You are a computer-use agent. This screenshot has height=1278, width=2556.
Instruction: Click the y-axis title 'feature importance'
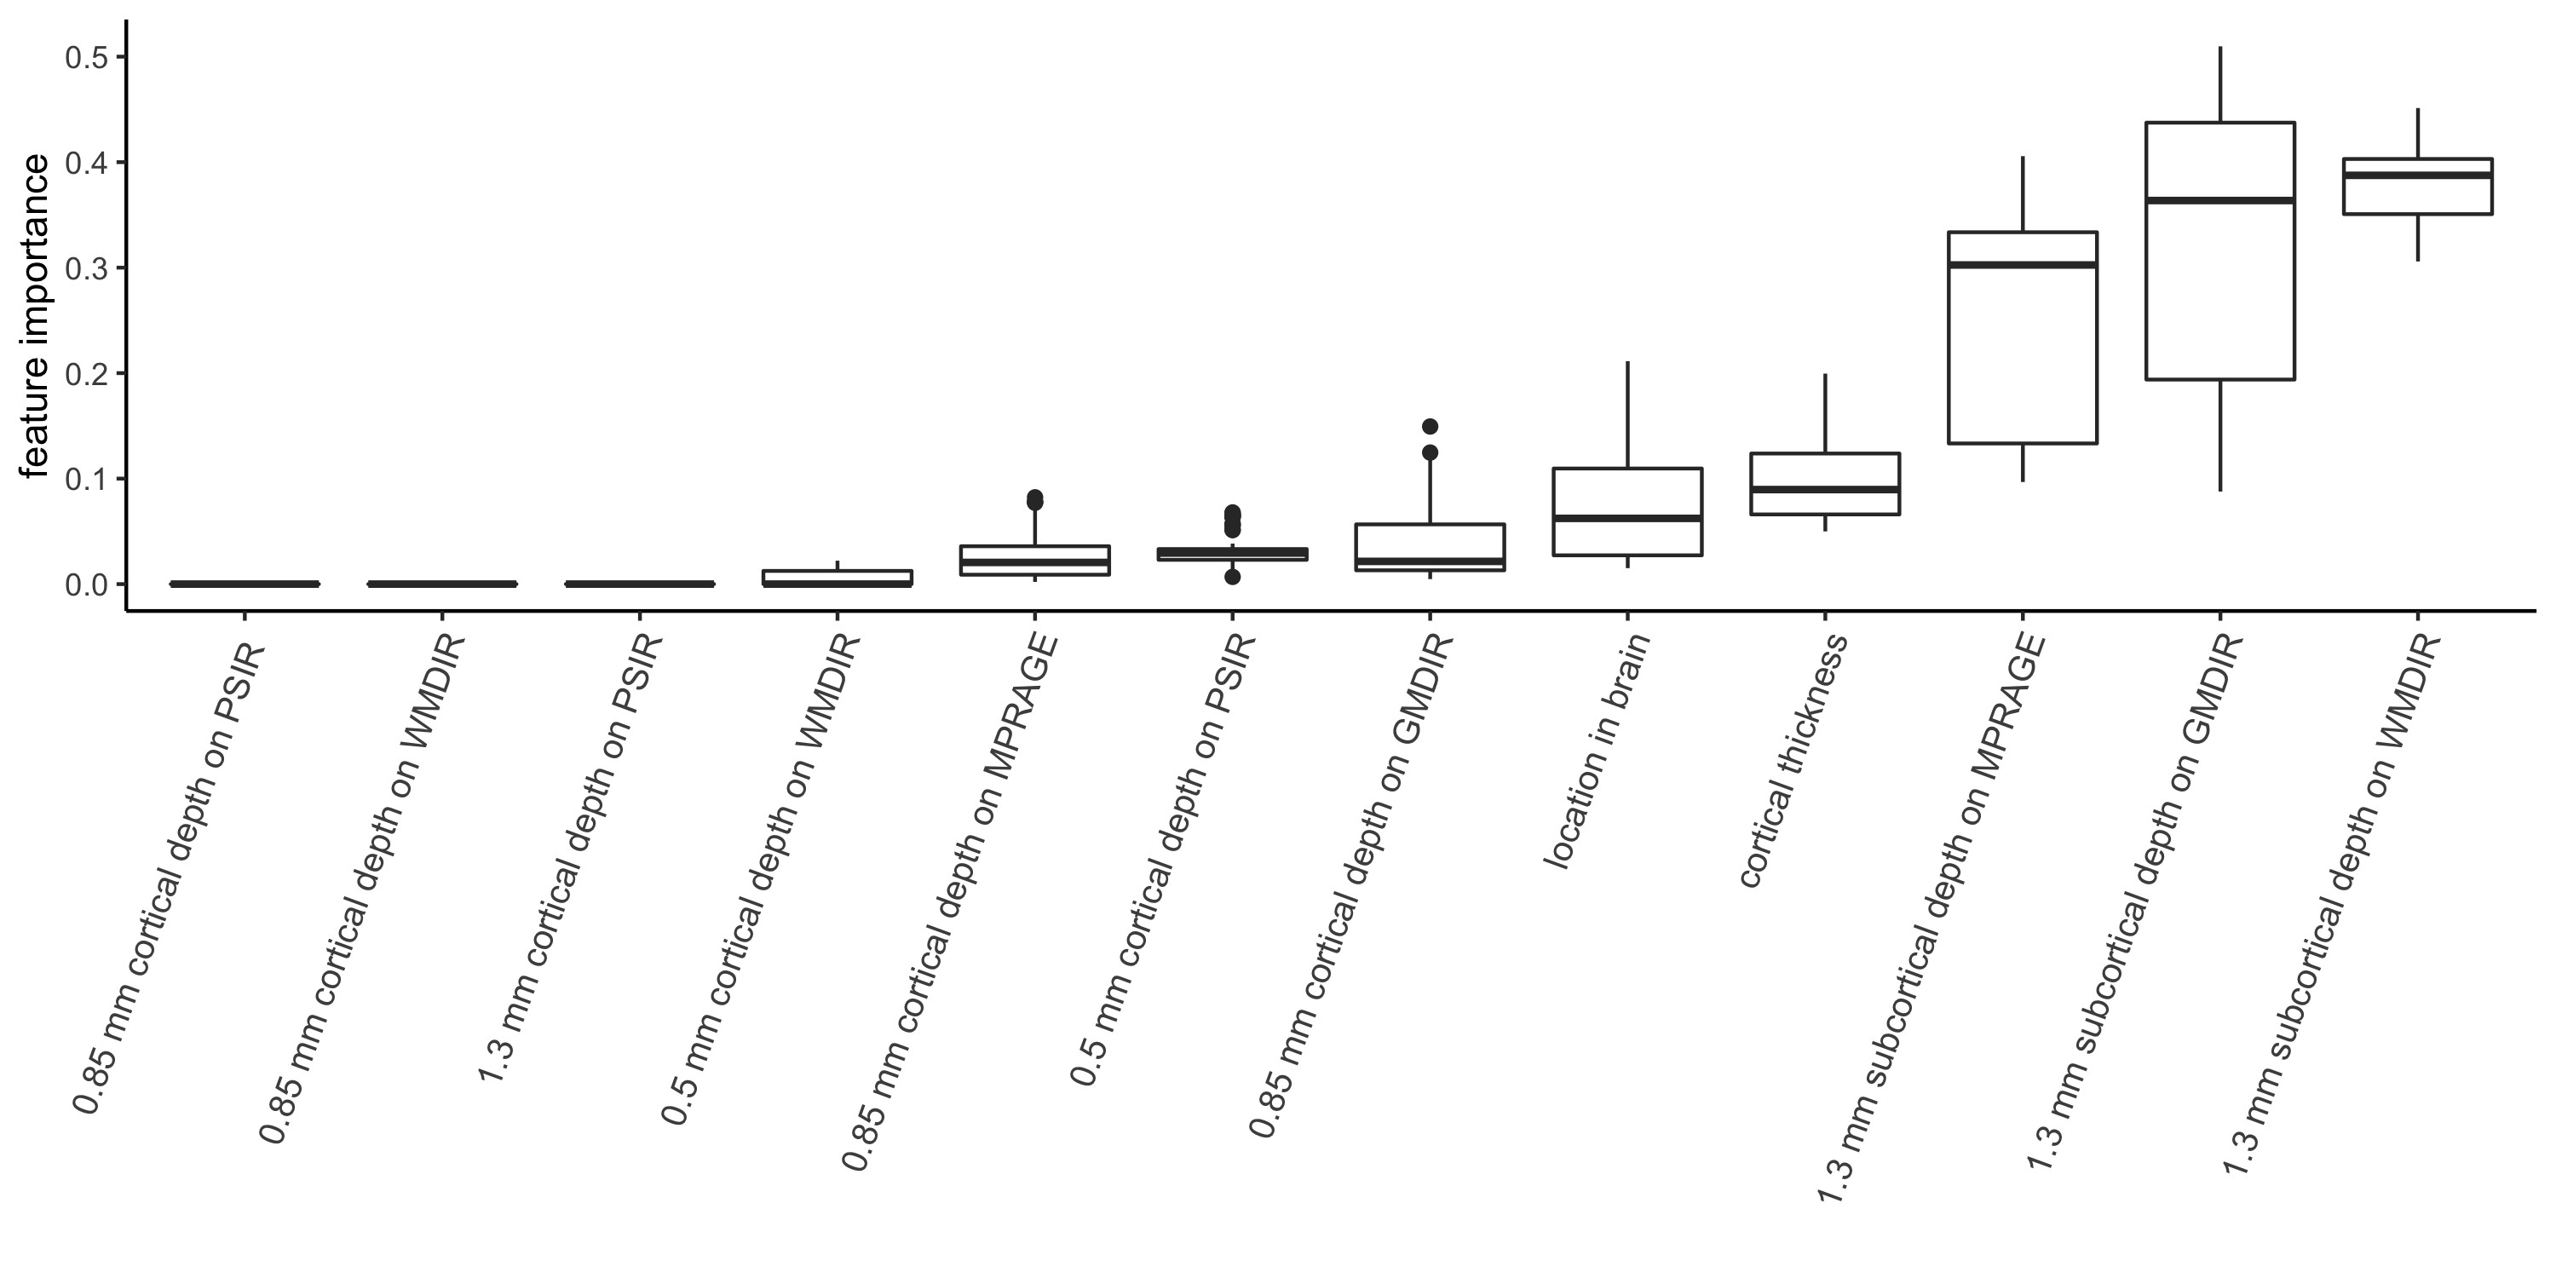tap(35, 315)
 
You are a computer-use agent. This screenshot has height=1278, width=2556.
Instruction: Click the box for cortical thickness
tap(1825, 483)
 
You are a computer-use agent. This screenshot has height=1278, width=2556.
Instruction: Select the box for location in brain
tap(1627, 511)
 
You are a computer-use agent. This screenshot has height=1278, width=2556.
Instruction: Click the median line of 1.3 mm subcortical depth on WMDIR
tap(2417, 175)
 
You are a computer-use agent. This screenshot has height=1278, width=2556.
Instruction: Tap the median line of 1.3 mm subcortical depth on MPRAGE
tap(2022, 265)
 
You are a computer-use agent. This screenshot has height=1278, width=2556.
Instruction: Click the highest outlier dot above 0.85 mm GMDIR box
tap(1430, 427)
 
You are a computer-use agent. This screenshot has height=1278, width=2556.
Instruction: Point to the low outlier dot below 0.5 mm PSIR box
tap(1232, 577)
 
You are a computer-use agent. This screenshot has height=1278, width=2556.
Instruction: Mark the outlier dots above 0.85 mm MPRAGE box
tap(1035, 499)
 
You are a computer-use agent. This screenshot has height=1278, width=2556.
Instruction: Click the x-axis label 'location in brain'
tap(1597, 752)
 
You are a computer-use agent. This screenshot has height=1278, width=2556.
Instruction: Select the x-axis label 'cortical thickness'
tap(1794, 760)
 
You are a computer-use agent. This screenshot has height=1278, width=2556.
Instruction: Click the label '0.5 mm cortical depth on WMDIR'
tap(760, 878)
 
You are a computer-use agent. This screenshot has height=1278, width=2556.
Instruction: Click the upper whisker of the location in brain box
tap(1627, 415)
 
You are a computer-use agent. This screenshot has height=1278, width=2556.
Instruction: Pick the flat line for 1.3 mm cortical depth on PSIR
tap(640, 584)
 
